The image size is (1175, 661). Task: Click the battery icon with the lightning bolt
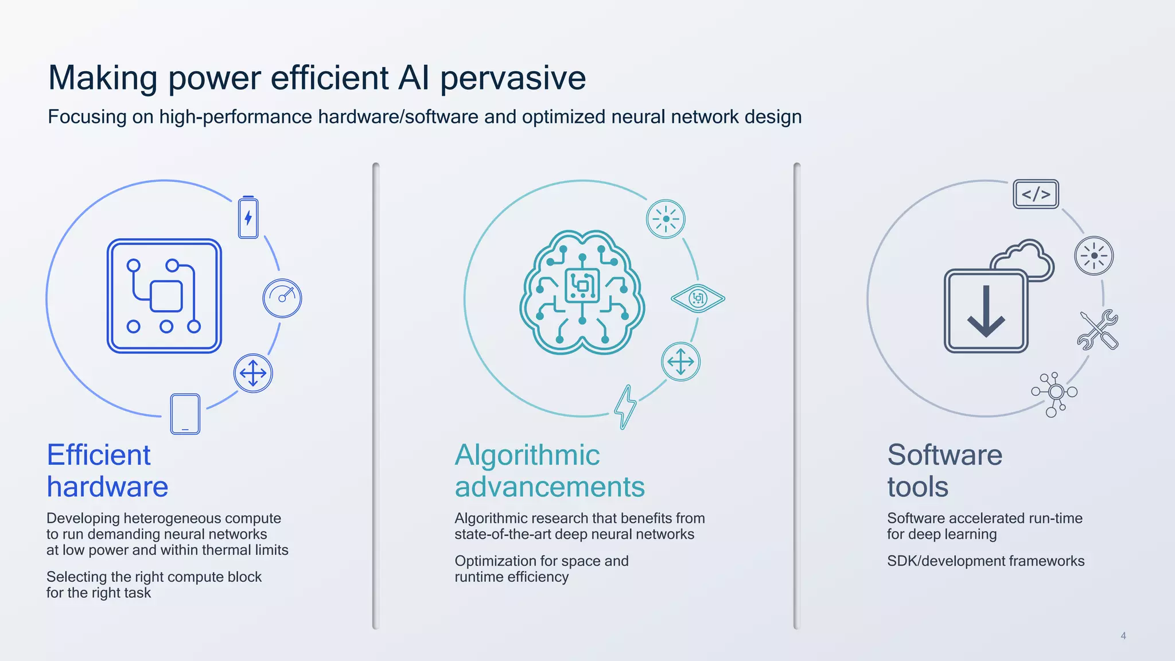(248, 218)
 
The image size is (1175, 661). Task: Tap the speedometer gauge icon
(282, 298)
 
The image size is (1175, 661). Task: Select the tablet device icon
(185, 414)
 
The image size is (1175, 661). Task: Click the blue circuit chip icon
(164, 296)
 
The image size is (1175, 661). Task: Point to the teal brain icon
(582, 293)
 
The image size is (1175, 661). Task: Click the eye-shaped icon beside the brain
(698, 298)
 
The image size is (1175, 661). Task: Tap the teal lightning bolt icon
(625, 406)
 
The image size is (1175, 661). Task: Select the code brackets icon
(1036, 194)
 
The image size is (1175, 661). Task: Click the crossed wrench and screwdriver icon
(1098, 330)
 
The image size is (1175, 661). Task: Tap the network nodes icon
(1055, 393)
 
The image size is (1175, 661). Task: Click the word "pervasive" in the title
(513, 78)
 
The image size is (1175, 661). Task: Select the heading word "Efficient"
(99, 455)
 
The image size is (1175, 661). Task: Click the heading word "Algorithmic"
(527, 455)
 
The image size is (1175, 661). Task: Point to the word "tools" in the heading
(917, 487)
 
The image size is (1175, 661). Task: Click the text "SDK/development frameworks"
(985, 561)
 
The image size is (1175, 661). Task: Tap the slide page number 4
(1123, 636)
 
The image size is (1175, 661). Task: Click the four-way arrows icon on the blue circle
(253, 374)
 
